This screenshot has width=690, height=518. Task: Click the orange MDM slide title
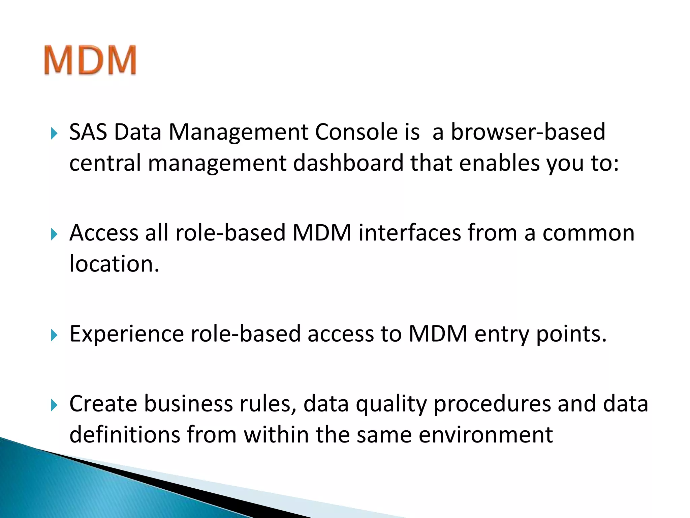90,60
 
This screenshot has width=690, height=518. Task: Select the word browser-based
528,132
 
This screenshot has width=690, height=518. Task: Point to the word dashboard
348,163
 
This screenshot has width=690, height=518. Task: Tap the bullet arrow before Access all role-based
54,234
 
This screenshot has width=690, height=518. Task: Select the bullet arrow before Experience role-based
54,335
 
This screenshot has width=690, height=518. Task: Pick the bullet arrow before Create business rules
54,405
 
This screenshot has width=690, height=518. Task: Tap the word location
114,264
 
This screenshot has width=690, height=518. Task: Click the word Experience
127,335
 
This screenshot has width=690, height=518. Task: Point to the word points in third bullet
571,335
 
